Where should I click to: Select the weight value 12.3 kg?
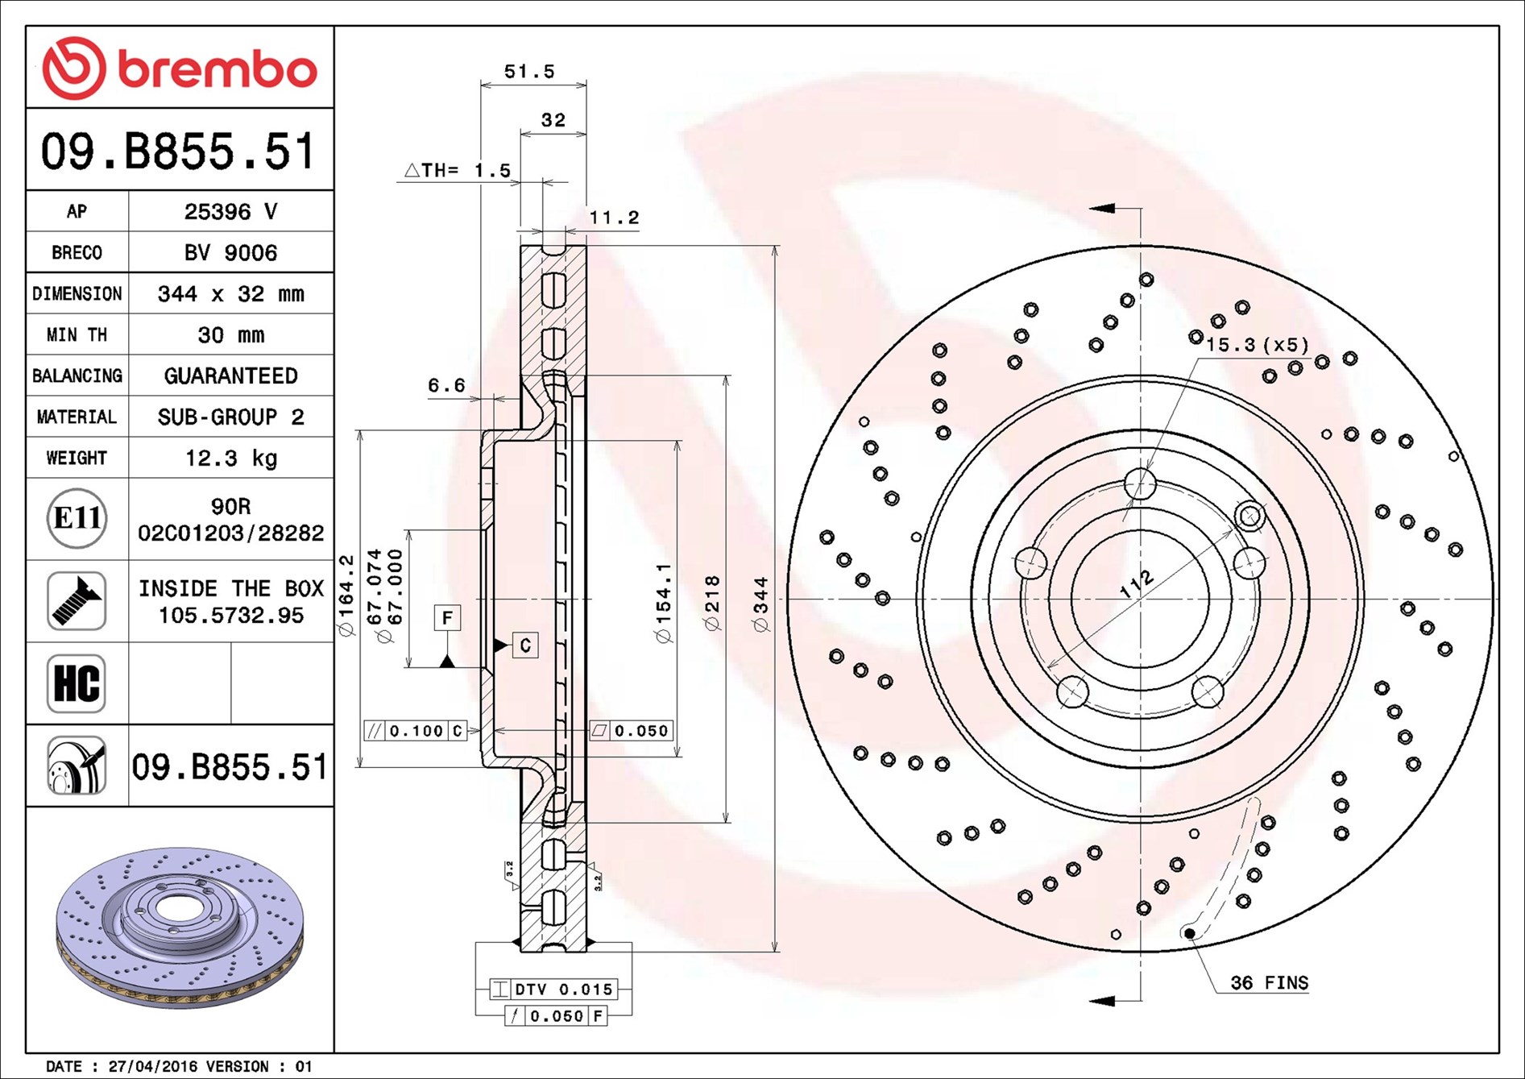231,458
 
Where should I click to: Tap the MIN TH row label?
77,334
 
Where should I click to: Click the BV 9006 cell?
230,252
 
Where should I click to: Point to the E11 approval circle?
77,518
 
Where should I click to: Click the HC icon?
77,683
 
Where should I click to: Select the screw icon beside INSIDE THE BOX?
77,601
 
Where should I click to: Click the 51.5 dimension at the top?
529,71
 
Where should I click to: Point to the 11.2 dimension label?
614,217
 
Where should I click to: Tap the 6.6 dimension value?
446,385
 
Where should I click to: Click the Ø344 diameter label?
761,604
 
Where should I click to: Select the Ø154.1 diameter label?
663,603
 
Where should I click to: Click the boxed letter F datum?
447,617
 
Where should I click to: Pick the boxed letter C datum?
525,645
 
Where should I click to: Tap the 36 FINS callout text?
1269,982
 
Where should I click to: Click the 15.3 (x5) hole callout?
1257,345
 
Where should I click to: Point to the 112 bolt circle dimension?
1137,584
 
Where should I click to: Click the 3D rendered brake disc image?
180,927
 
